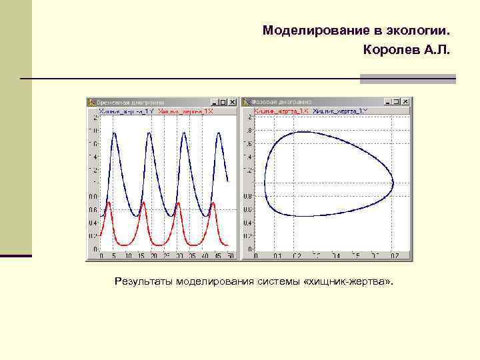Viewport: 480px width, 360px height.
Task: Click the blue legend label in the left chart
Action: tap(125, 111)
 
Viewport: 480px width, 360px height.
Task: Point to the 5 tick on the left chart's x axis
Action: tap(115, 256)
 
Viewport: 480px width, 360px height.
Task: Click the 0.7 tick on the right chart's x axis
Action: tap(395, 256)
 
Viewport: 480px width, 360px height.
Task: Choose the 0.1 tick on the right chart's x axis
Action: tap(277, 256)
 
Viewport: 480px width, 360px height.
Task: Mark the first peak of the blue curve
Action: tap(115, 133)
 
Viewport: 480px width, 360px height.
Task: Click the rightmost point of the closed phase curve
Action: tap(393, 181)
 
